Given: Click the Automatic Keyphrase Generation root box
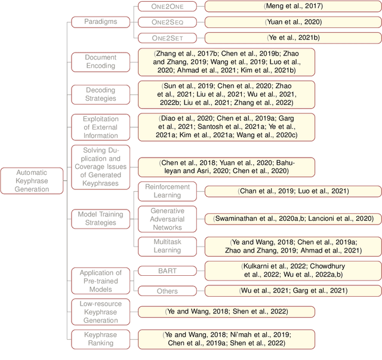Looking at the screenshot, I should click(x=32, y=181).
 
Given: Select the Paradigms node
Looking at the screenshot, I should click(x=100, y=22).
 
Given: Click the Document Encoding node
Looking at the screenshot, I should click(x=100, y=61).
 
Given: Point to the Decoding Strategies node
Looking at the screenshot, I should click(x=100, y=94).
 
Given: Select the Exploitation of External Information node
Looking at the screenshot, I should click(x=100, y=127).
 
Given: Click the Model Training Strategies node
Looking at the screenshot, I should click(x=100, y=219).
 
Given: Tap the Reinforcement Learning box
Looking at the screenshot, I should click(x=167, y=191).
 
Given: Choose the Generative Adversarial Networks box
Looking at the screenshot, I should click(x=167, y=219).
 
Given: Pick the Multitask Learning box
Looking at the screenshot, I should click(x=167, y=246).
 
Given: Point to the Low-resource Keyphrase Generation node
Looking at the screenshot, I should click(x=100, y=312).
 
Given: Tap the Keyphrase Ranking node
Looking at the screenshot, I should click(x=100, y=339).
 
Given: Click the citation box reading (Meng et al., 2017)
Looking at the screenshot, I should click(x=293, y=7).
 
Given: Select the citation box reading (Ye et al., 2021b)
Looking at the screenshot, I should click(x=293, y=38).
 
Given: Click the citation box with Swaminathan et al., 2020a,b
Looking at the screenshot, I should click(x=293, y=219).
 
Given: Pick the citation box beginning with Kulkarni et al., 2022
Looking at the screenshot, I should click(x=293, y=270).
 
